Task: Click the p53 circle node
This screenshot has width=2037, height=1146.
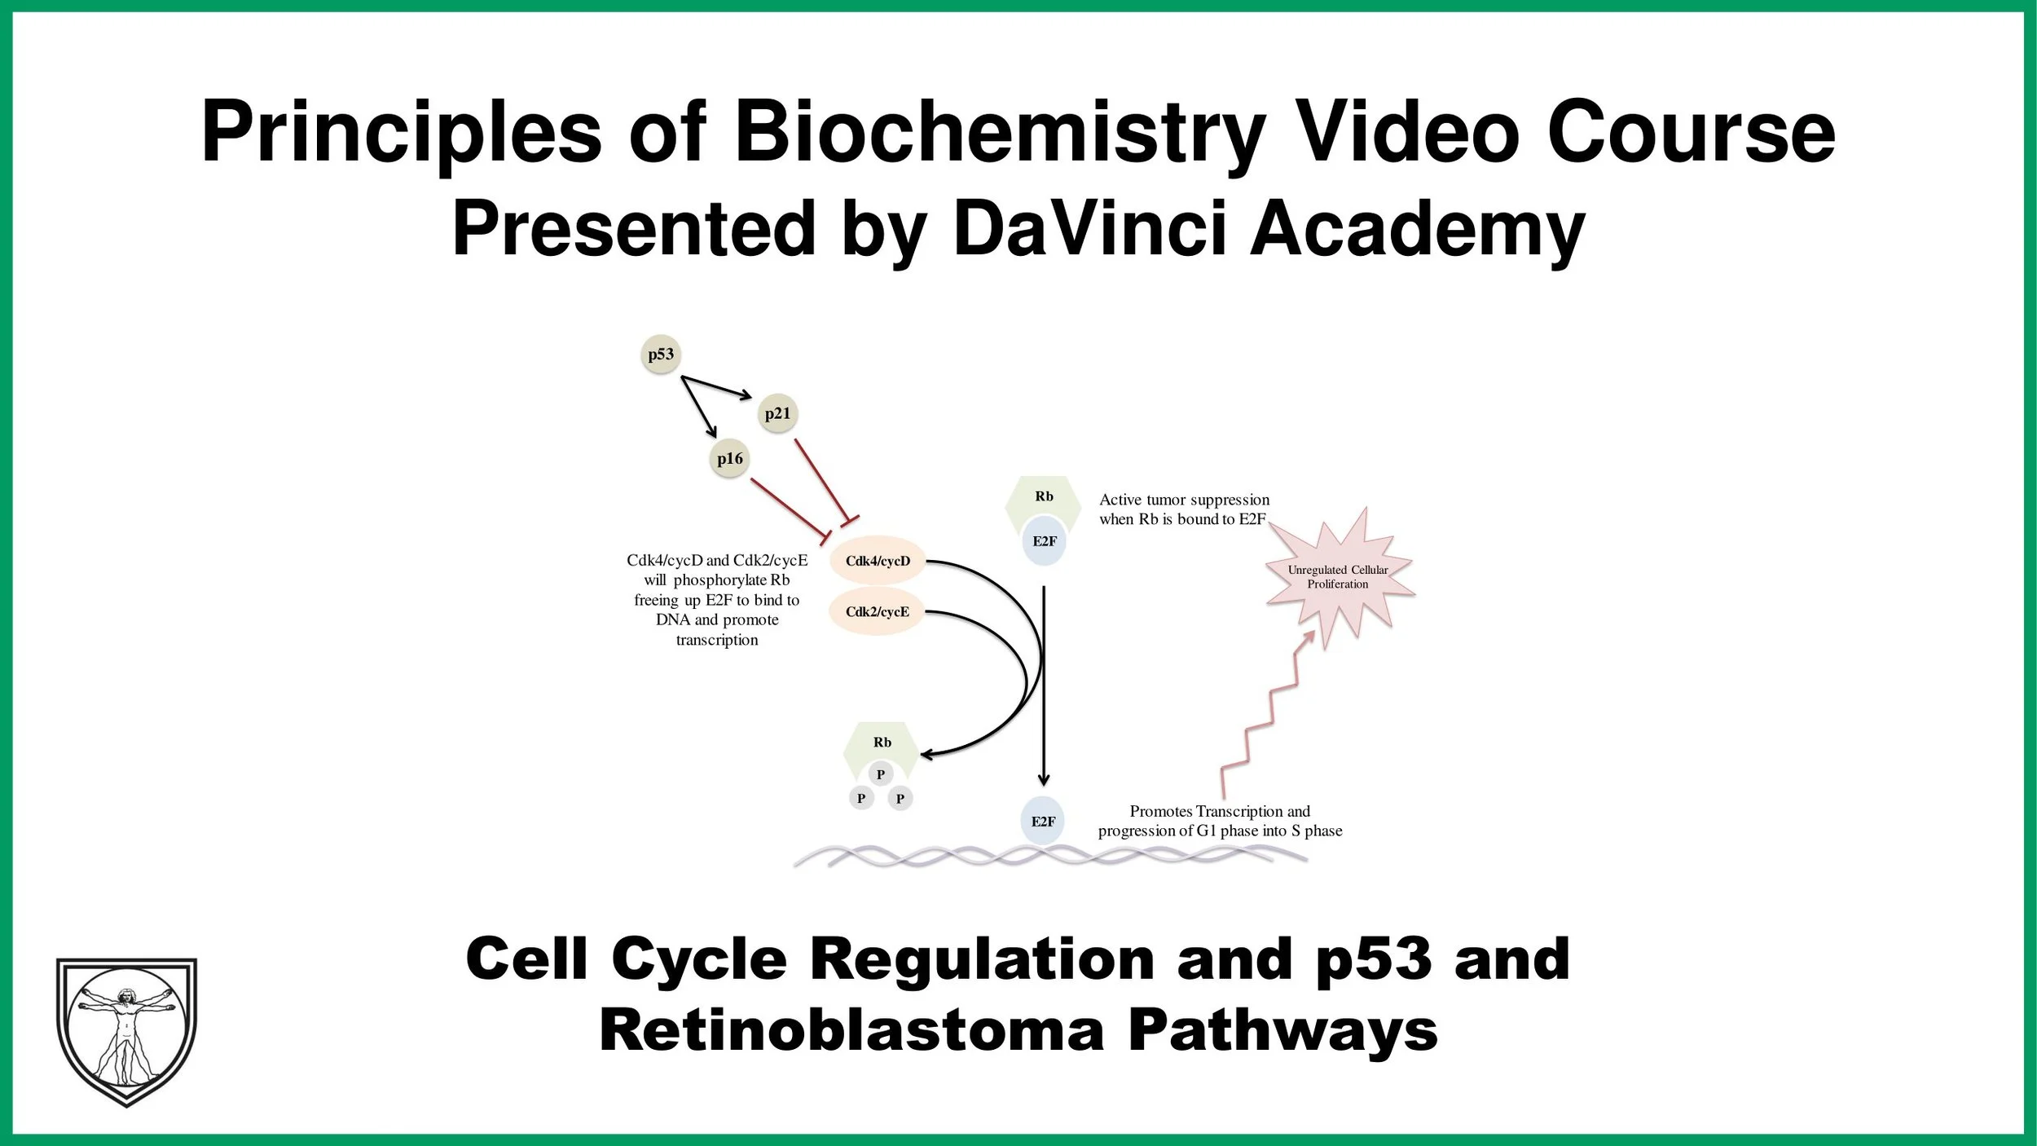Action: [661, 355]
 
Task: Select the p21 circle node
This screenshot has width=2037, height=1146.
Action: [777, 414]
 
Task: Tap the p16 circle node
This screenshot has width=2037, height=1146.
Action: [730, 459]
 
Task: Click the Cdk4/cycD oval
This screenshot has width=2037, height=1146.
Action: [878, 561]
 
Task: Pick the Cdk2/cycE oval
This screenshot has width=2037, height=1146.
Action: [877, 612]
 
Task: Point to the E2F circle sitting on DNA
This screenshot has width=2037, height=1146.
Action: [1043, 822]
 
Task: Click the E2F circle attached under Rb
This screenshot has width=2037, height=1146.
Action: [1044, 541]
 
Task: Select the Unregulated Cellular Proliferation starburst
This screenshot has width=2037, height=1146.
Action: [1338, 577]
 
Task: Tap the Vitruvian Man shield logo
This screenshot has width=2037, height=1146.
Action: [126, 1030]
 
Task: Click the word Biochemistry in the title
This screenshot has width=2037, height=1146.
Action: [1001, 132]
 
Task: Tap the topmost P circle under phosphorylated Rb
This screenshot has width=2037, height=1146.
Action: [880, 774]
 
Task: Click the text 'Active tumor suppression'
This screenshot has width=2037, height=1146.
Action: [1184, 500]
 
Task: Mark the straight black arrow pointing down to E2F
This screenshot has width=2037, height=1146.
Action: [1044, 685]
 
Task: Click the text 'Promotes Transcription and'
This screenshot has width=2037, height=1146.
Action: [1220, 811]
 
